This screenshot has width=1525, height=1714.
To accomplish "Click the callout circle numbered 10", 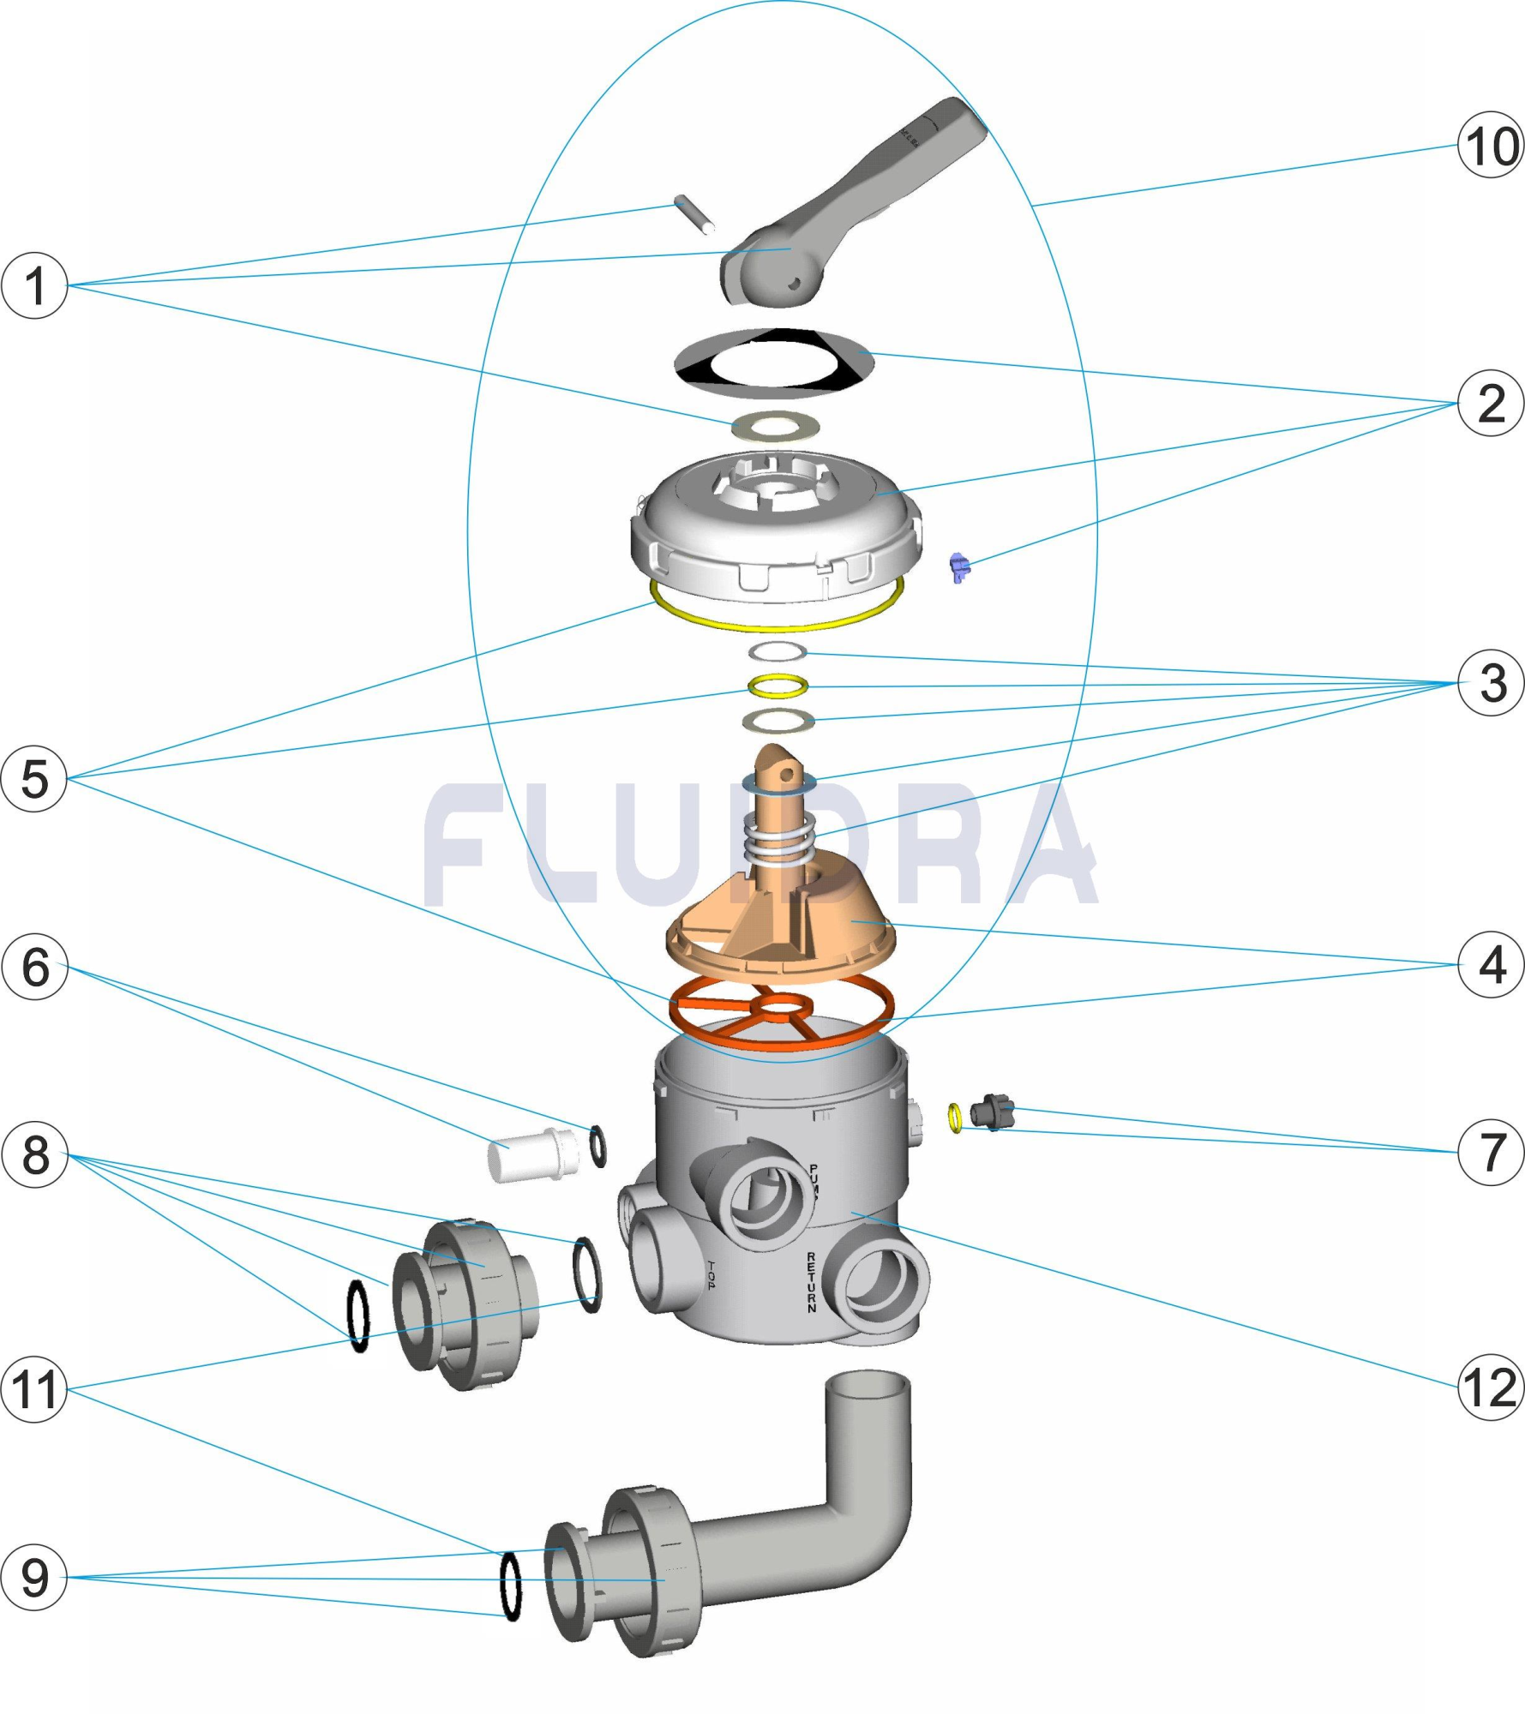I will click(1490, 145).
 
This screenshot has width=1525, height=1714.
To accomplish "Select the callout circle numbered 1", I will click(34, 285).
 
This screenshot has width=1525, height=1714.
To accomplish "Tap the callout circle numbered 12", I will click(1490, 1387).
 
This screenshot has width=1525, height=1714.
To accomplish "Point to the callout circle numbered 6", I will click(34, 967).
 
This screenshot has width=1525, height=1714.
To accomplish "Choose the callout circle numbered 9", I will click(34, 1577).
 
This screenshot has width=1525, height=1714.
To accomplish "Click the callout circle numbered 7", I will click(1490, 1152).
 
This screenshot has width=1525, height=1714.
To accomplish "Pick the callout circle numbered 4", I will click(1490, 965).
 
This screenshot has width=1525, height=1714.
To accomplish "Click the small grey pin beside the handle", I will click(694, 214).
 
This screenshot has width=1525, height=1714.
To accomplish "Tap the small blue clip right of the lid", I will click(959, 566).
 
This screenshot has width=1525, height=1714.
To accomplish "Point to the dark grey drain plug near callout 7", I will click(993, 1113).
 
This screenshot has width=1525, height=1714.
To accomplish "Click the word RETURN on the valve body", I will click(811, 1282).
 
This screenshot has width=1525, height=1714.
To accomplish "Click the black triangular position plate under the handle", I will click(773, 363).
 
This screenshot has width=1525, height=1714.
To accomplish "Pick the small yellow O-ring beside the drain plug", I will click(955, 1118).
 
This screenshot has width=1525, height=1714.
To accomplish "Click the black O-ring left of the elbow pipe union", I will click(510, 1585).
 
